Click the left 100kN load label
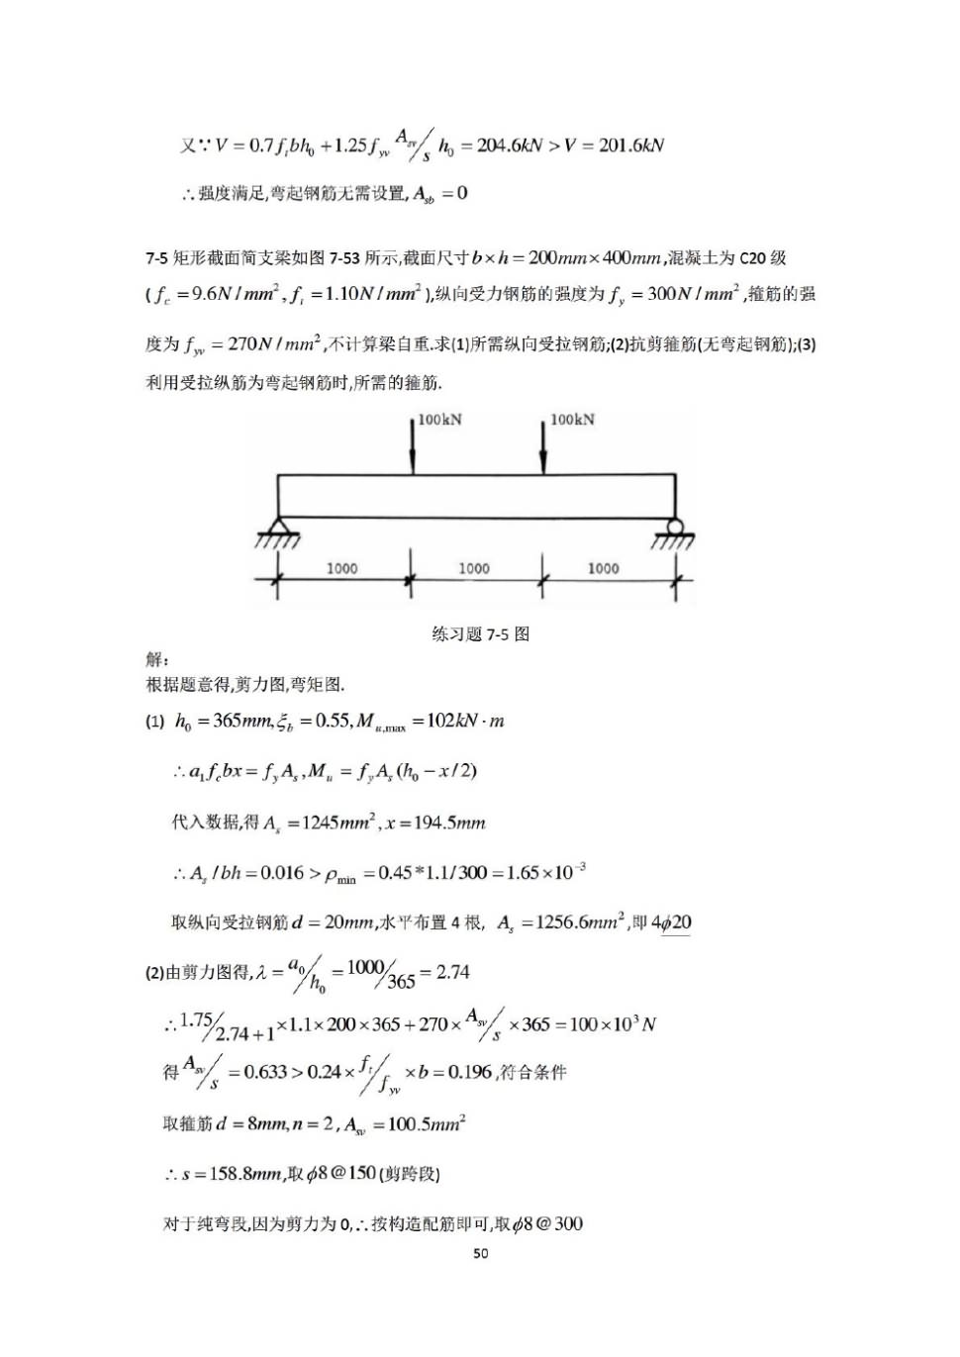point(439,420)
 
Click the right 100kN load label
point(572,420)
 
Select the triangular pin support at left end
point(277,529)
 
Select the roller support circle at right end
point(675,527)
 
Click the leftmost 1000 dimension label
point(341,568)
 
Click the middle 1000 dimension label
point(473,568)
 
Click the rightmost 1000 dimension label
point(603,568)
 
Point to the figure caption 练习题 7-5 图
point(480,634)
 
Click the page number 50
point(480,1253)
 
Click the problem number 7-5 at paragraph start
point(156,258)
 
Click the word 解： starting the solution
point(157,659)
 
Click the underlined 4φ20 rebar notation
point(672,922)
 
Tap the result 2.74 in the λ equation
point(452,972)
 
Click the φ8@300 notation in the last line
point(553,1224)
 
